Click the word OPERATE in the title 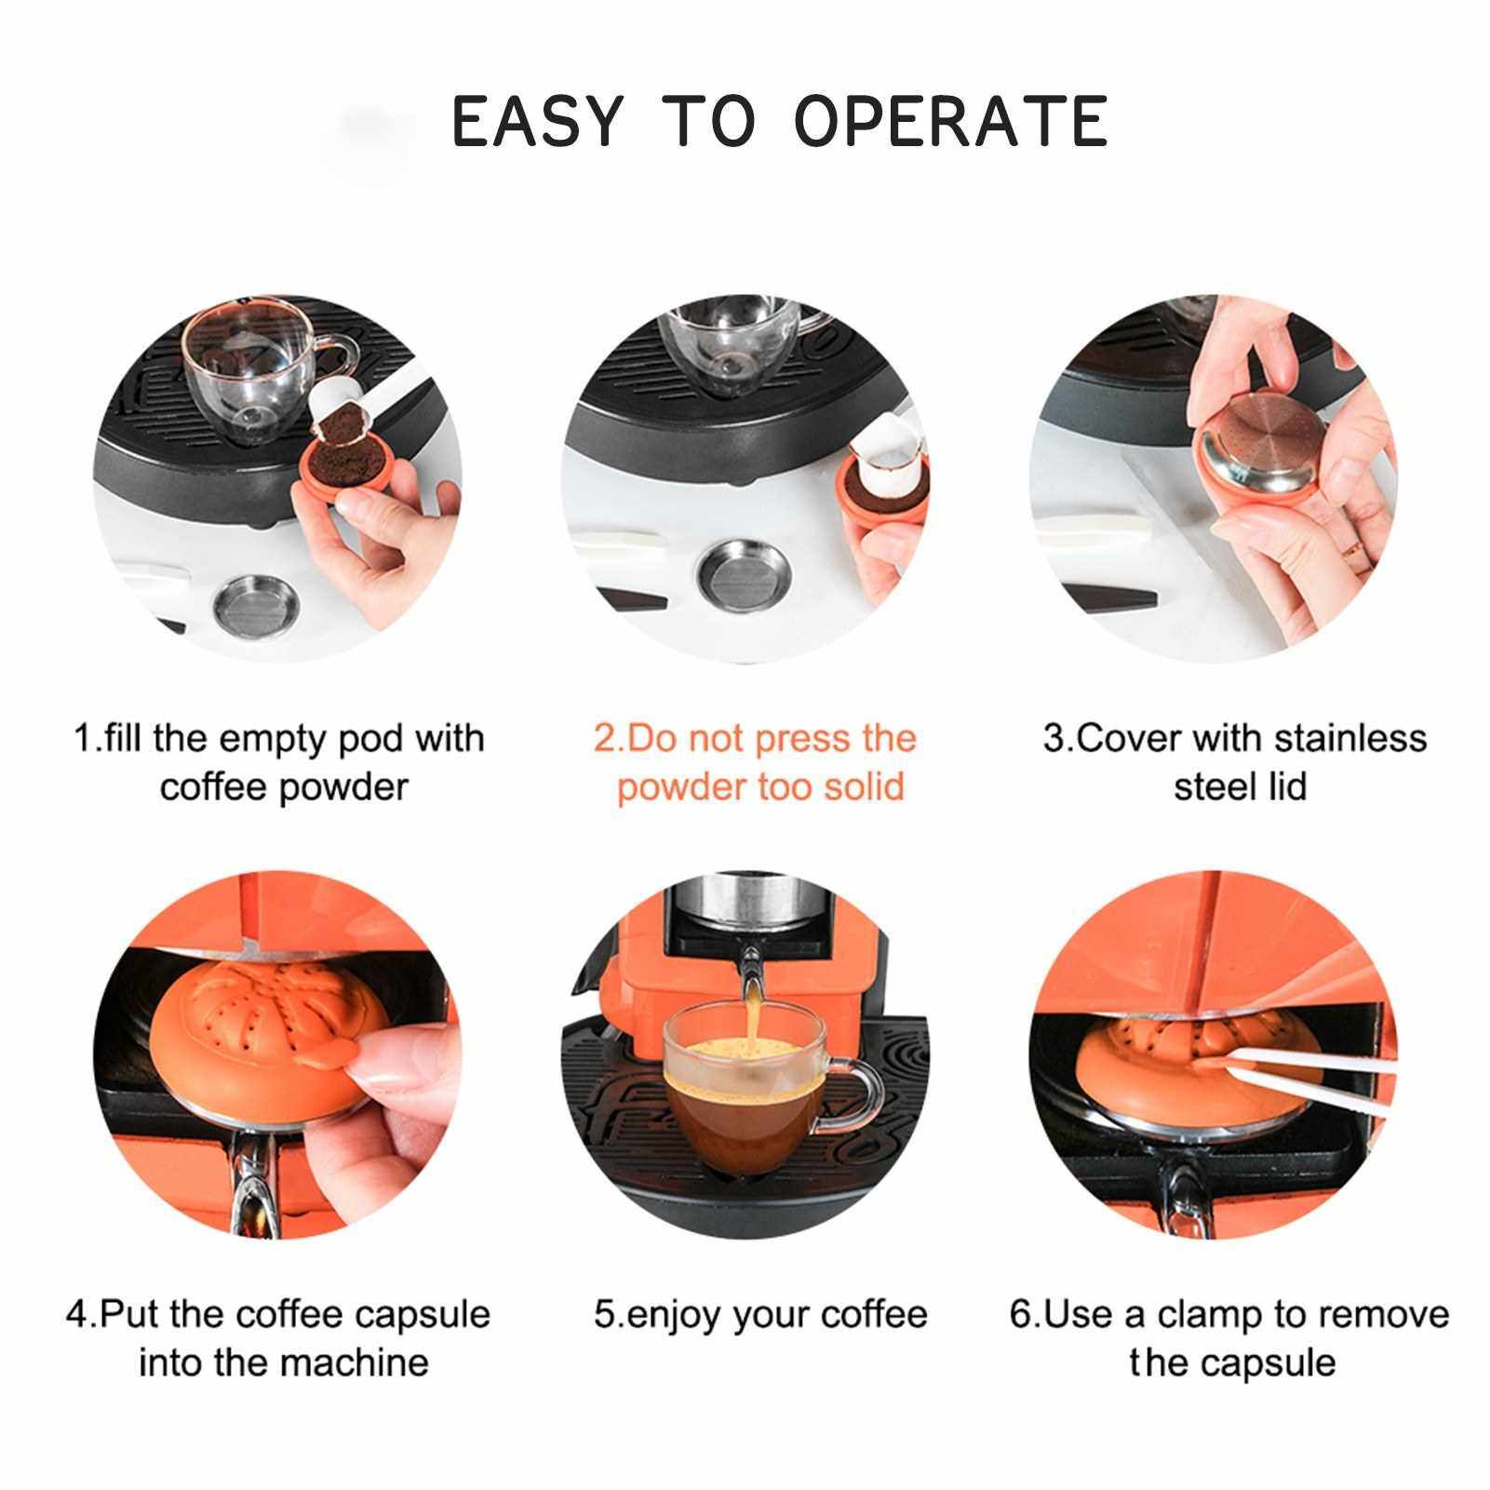[x=950, y=121]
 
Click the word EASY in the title [x=535, y=121]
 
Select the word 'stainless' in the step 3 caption [x=1349, y=738]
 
